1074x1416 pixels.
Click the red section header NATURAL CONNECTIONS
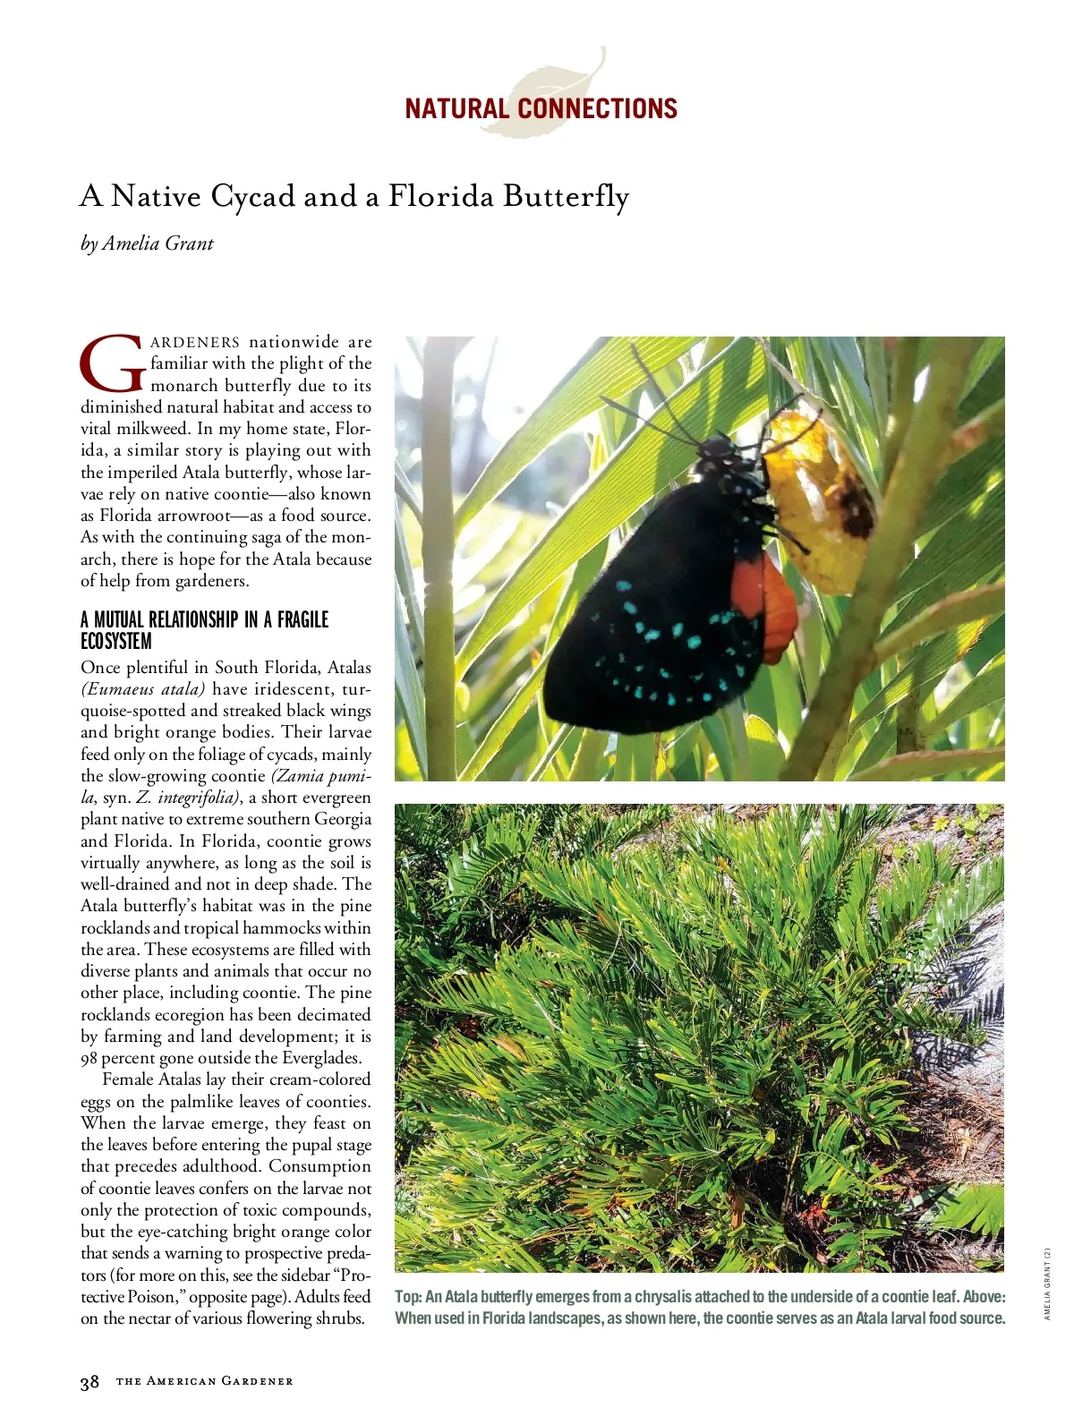[541, 109]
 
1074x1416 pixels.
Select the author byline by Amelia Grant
[147, 243]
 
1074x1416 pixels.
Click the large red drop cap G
[112, 364]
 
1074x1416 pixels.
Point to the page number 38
[89, 1382]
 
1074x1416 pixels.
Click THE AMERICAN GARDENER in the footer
[205, 1381]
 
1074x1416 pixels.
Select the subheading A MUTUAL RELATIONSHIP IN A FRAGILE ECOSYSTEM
[204, 630]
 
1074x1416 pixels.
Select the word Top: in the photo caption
[408, 1297]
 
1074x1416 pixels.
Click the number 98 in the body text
[89, 1058]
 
